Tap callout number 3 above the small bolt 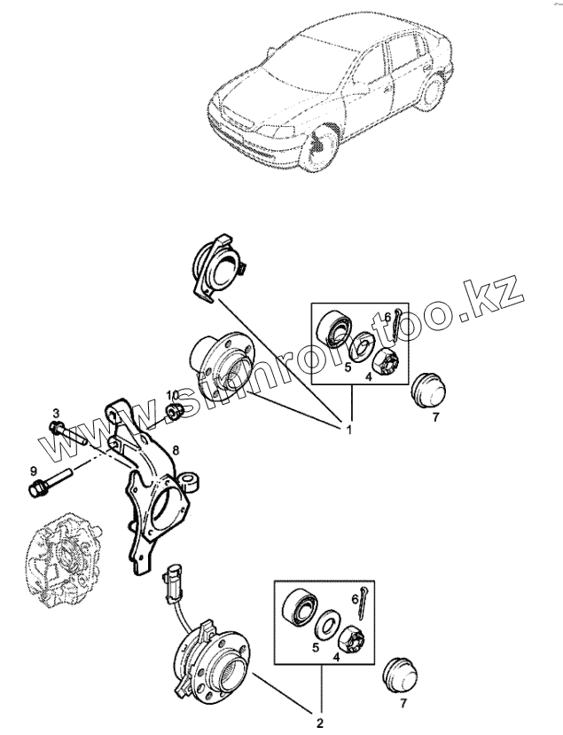coord(56,414)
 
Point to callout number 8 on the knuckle coord(176,450)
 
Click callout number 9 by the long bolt coord(33,470)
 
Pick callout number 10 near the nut coord(173,394)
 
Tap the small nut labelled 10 coord(176,410)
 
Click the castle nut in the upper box coord(384,360)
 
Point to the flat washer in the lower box coord(327,622)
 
